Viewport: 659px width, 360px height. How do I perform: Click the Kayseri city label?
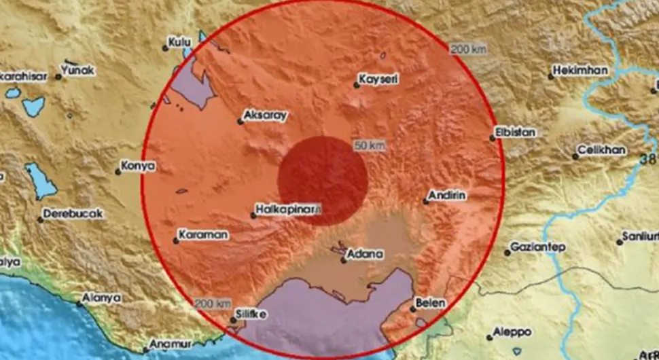(379, 79)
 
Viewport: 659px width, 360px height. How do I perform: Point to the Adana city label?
(365, 254)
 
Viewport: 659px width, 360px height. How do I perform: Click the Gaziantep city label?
(538, 247)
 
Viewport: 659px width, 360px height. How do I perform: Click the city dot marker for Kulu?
(165, 48)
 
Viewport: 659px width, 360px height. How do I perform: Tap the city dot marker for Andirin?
(426, 201)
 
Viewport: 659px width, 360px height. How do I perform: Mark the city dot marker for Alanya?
(79, 304)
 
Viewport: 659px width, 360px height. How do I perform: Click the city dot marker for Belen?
(413, 310)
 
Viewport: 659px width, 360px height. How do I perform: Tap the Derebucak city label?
(73, 214)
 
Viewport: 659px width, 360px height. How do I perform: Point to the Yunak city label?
(78, 70)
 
